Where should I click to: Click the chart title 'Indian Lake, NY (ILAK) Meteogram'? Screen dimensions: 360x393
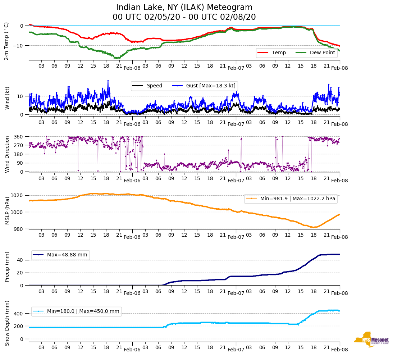point(184,8)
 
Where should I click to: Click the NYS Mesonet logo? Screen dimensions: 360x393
point(371,340)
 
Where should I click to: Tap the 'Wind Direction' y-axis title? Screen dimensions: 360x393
point(7,154)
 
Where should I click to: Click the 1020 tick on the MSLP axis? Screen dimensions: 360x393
point(19,195)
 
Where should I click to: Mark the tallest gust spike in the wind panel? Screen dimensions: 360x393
point(108,81)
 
